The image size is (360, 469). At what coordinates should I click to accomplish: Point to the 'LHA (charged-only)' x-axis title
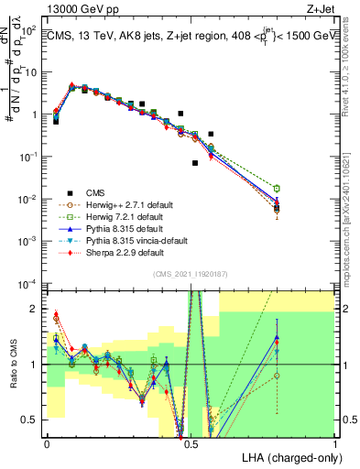pos(289,456)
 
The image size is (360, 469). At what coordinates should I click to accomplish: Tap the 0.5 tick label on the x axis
pos(191,443)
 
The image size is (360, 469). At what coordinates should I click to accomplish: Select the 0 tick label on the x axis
pos(47,443)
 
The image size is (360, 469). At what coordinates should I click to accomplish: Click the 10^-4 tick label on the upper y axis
pos(27,283)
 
